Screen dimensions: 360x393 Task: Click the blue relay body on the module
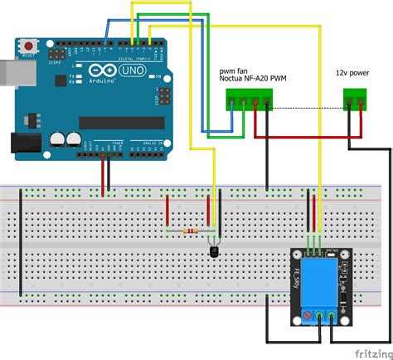(318, 280)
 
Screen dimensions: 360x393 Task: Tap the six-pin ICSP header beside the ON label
(164, 94)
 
